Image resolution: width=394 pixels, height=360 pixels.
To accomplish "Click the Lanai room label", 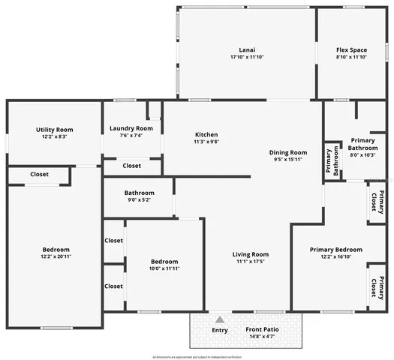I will [246, 49].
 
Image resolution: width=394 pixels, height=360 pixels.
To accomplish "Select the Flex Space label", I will [351, 49].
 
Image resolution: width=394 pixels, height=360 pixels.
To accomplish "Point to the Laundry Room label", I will [131, 128].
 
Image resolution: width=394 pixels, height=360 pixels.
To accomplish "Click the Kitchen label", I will [206, 133].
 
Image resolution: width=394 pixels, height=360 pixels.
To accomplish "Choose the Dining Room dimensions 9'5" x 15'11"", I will [289, 159].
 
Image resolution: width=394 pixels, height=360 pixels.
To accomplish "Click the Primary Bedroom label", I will [336, 250].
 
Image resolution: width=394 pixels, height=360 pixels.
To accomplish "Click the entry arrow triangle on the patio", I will [220, 319].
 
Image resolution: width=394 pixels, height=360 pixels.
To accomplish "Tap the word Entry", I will [220, 330].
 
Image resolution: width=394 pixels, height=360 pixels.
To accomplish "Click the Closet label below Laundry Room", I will [131, 166].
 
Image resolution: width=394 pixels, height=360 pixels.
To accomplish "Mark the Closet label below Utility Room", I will [39, 175].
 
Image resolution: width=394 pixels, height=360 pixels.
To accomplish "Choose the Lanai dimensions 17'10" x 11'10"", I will [246, 58].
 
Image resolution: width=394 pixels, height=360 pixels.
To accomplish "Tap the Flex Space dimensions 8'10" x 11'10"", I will [351, 58].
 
